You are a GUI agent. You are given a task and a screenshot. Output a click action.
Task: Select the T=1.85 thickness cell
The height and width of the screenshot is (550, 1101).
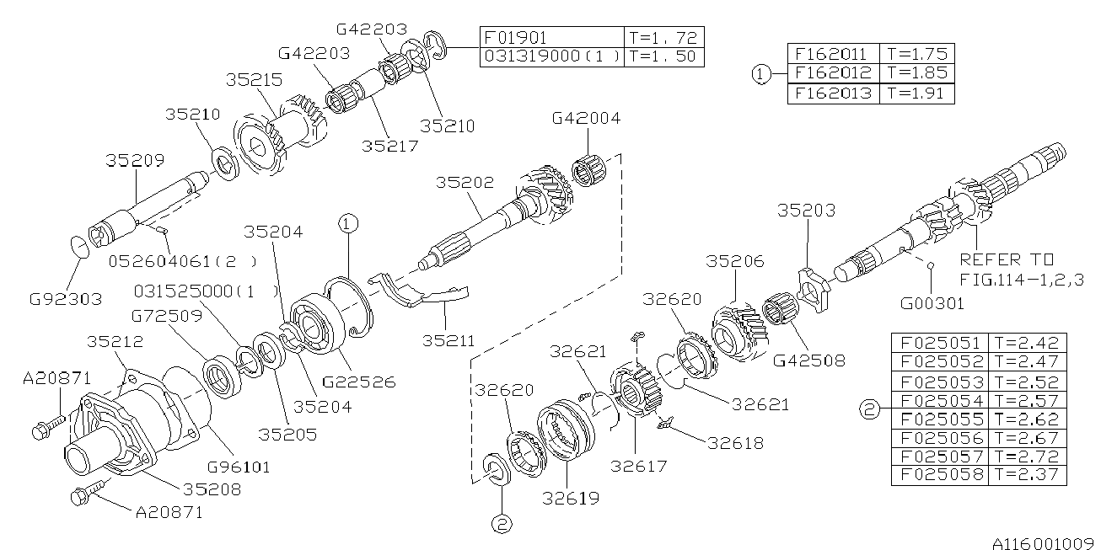916,73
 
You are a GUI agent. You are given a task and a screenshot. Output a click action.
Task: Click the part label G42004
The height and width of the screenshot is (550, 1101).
586,119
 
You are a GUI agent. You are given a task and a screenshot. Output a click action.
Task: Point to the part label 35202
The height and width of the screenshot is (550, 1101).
465,183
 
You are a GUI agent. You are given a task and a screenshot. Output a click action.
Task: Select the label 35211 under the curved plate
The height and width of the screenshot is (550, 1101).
448,341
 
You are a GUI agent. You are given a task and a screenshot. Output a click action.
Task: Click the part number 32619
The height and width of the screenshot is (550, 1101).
572,498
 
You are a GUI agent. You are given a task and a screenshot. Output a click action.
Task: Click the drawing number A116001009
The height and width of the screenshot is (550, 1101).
1041,539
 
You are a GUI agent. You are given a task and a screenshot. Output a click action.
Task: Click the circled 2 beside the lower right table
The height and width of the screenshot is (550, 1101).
868,410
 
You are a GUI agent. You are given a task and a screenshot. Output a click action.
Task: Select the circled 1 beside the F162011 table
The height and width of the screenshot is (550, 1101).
760,74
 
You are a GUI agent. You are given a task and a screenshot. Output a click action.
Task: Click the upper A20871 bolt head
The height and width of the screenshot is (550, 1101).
40,432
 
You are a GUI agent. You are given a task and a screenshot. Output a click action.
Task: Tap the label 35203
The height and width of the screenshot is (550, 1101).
806,211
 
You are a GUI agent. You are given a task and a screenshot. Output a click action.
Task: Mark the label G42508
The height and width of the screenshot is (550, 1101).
809,360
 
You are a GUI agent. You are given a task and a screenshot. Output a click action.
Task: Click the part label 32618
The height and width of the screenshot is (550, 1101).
736,441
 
